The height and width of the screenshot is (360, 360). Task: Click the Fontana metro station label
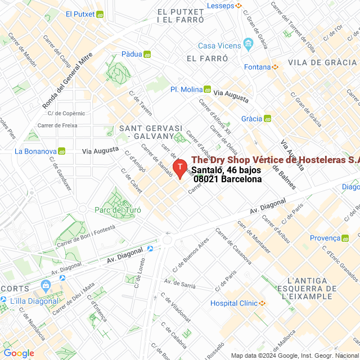tap(258, 67)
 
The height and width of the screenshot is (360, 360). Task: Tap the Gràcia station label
tap(251, 119)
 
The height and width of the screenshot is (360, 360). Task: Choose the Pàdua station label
tap(132, 55)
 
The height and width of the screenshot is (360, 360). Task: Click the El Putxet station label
tap(79, 14)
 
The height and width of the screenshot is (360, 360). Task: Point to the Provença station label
tap(325, 238)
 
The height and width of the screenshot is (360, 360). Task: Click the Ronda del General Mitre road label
tap(66, 84)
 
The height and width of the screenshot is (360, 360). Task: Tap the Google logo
tap(18, 353)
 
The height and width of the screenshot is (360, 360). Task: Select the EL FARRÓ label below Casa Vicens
tap(207, 58)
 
